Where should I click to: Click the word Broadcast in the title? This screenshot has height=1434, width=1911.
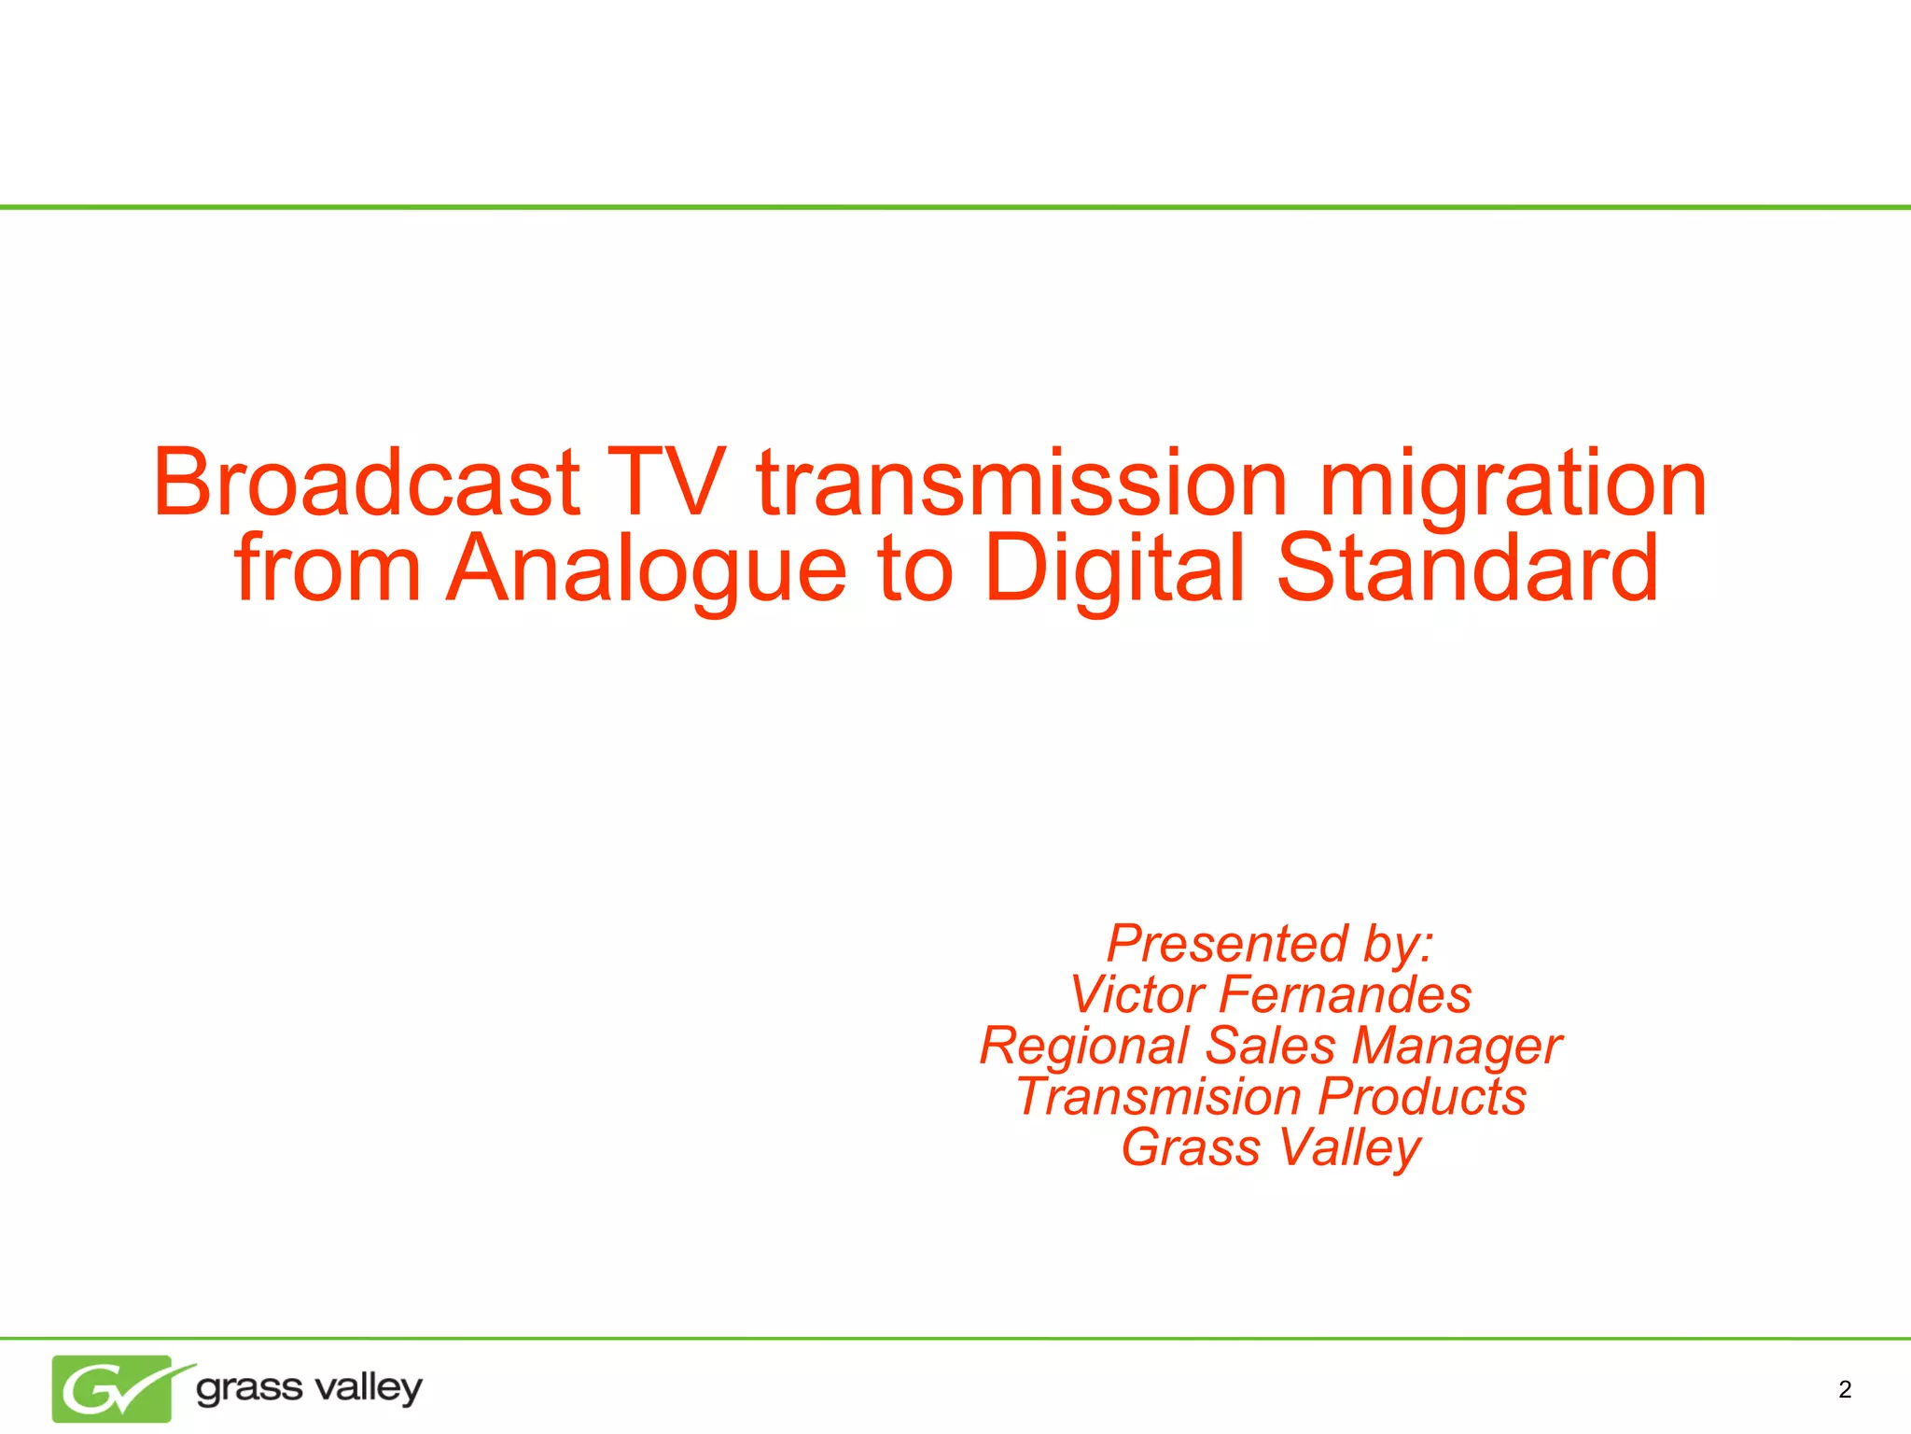(367, 483)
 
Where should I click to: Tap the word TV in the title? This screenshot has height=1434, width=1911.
(666, 483)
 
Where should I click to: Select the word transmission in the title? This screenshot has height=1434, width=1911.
(1023, 483)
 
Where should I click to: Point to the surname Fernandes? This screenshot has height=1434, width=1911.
(1345, 994)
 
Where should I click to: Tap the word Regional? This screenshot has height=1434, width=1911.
(1083, 1047)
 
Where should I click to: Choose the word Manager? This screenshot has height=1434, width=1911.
(1457, 1047)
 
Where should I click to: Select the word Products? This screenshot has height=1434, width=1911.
(1422, 1097)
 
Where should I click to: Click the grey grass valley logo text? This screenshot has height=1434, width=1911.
(309, 1388)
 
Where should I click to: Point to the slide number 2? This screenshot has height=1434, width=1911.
(1845, 1390)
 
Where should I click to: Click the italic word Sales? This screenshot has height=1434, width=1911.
(1270, 1046)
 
